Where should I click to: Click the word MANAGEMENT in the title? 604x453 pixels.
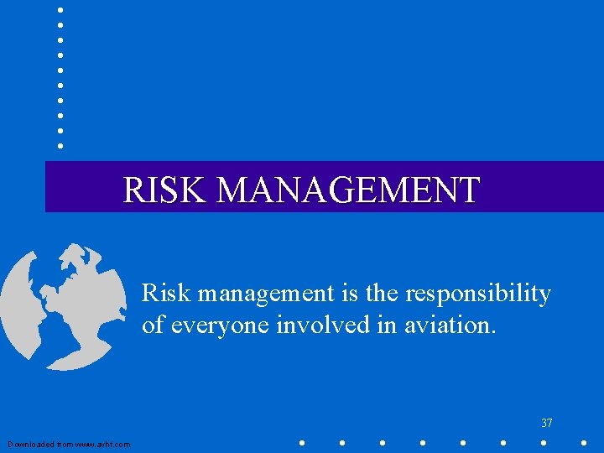[347, 190]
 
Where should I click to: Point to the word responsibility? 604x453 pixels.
[478, 294]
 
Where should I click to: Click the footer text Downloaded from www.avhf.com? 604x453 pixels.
[69, 445]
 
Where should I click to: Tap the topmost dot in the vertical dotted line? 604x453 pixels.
[60, 9]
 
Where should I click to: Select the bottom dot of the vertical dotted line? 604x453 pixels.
[60, 146]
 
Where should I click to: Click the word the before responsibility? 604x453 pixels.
[383, 294]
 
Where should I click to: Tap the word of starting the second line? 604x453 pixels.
[154, 325]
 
